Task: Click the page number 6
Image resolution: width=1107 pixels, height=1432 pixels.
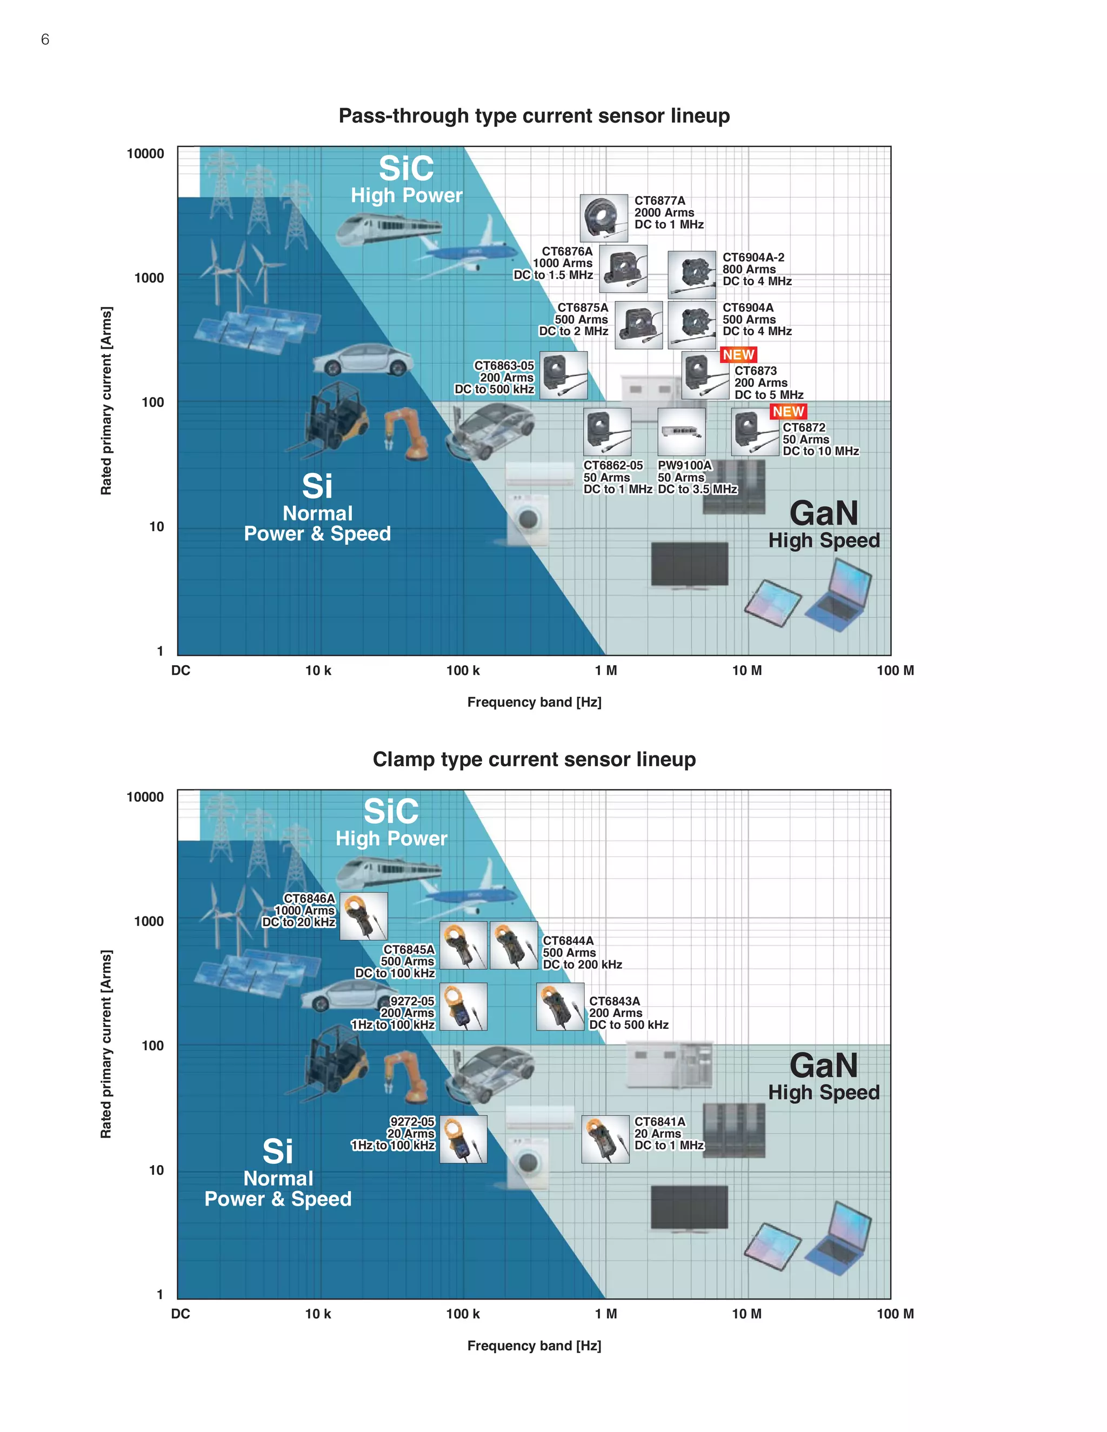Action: point(45,39)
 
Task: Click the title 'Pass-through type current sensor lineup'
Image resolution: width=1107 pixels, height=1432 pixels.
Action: point(534,116)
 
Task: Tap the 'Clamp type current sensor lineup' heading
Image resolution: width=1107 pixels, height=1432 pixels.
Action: point(534,759)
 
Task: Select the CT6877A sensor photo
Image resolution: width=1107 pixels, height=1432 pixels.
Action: point(603,218)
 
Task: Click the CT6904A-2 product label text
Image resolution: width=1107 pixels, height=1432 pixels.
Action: point(756,269)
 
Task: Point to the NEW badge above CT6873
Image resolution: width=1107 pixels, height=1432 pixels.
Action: point(738,354)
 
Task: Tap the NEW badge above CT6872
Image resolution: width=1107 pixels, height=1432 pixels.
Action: point(788,411)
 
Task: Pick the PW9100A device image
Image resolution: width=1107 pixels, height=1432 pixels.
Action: point(682,431)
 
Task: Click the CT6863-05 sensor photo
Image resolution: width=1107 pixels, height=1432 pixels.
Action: point(563,375)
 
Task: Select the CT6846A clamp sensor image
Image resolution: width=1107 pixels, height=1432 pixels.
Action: point(363,915)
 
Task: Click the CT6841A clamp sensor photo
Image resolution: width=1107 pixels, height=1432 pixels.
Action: point(605,1140)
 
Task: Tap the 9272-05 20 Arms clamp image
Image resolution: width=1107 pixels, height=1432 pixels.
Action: point(463,1139)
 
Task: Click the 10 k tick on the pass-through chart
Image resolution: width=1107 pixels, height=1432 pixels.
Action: point(318,670)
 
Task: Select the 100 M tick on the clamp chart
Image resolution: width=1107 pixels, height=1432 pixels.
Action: point(895,1313)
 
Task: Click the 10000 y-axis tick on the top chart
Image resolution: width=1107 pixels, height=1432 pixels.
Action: point(145,153)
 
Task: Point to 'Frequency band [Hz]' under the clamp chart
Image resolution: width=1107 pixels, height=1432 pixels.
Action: point(534,1346)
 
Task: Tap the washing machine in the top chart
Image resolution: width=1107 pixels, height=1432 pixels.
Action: point(529,519)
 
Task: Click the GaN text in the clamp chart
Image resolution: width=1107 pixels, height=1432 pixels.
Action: point(823,1066)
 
